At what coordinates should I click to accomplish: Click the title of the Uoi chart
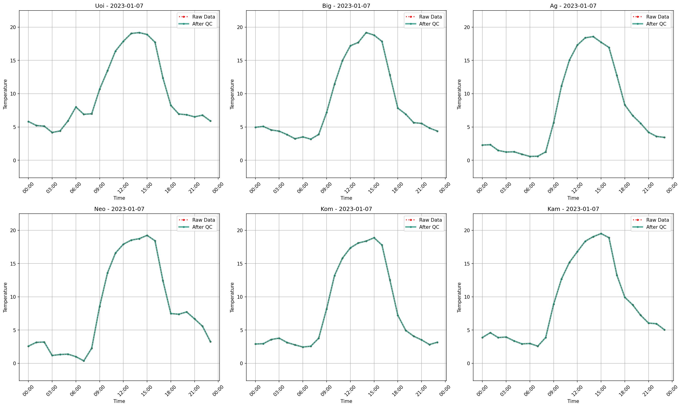pyautogui.click(x=119, y=6)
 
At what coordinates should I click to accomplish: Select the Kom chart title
pyautogui.click(x=346, y=209)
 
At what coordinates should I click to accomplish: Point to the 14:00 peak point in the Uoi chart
pyautogui.click(x=139, y=33)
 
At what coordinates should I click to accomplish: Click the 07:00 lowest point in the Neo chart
pyautogui.click(x=84, y=361)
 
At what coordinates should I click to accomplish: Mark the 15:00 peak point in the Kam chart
pyautogui.click(x=601, y=234)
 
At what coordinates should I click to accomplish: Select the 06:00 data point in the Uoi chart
pyautogui.click(x=76, y=107)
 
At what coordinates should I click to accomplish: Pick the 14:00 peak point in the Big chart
pyautogui.click(x=366, y=33)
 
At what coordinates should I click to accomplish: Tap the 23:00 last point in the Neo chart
pyautogui.click(x=210, y=342)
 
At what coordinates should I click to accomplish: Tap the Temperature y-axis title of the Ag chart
pyautogui.click(x=459, y=94)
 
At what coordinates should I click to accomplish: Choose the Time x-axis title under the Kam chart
pyautogui.click(x=573, y=401)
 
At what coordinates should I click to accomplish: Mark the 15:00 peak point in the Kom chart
pyautogui.click(x=374, y=238)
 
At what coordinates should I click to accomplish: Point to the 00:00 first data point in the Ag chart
pyautogui.click(x=482, y=145)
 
